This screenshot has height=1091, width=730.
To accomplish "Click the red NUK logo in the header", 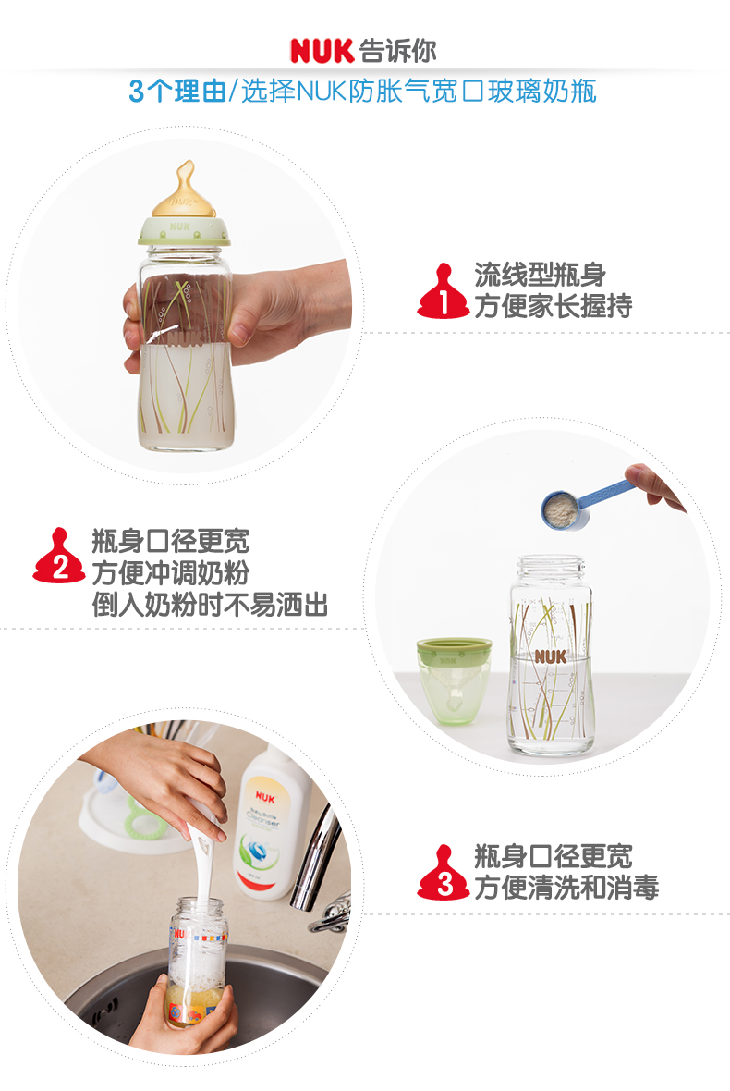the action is pyautogui.click(x=322, y=51).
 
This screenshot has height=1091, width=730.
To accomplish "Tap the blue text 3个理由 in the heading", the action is pyautogui.click(x=178, y=92).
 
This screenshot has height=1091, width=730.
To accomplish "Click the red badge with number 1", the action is pyautogui.click(x=443, y=291).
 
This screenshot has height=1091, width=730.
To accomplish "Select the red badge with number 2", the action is pyautogui.click(x=58, y=556).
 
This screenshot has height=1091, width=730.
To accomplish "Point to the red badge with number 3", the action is pyautogui.click(x=444, y=872).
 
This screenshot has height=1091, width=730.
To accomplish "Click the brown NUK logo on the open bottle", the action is pyautogui.click(x=551, y=656).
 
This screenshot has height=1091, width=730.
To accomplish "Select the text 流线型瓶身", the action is pyautogui.click(x=541, y=275).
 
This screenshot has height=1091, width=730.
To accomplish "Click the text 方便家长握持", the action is pyautogui.click(x=554, y=306).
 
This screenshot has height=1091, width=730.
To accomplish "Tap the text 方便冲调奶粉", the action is pyautogui.click(x=171, y=572).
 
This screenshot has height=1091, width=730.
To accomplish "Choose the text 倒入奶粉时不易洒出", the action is pyautogui.click(x=210, y=605).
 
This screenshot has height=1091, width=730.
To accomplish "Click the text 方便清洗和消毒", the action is pyautogui.click(x=566, y=888).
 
